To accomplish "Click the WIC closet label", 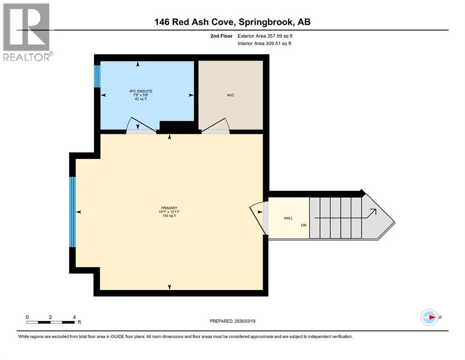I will click(x=230, y=95).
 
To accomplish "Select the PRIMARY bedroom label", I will click(x=169, y=208).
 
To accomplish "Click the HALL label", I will click(x=288, y=218).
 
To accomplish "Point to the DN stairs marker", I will click(x=303, y=225).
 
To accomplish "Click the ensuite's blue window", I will click(x=97, y=76).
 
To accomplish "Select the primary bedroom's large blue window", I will click(x=73, y=212).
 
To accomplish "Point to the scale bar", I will click(x=51, y=322).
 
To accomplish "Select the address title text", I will click(x=233, y=22).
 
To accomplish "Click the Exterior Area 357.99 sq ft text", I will click(x=267, y=36).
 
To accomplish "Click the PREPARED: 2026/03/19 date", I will click(x=232, y=321).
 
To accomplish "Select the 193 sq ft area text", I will click(x=169, y=216).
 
